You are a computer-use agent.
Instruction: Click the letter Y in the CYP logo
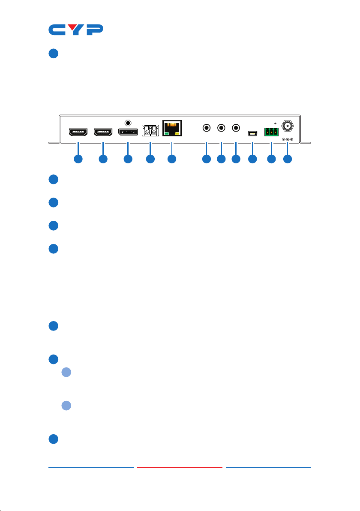coord(75,30)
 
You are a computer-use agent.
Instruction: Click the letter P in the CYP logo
coord(94,30)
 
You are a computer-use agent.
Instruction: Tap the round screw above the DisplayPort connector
coord(128,121)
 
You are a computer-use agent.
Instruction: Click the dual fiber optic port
coord(150,131)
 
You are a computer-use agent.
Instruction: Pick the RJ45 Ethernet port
coord(172,128)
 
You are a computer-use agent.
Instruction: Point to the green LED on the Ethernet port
coord(167,134)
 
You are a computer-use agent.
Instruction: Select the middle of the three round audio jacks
coord(221,128)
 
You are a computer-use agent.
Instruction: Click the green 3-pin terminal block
coord(271,132)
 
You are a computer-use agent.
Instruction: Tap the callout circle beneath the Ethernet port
coord(172,159)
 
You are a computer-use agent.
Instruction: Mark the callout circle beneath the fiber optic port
coord(150,159)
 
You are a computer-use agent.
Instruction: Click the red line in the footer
coord(180,467)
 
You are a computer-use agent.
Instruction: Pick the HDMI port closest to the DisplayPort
coord(102,131)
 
